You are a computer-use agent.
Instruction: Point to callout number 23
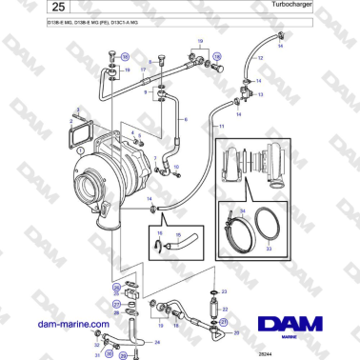225,291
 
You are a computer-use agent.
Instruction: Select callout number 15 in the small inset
177,234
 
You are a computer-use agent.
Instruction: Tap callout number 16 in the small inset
159,234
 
